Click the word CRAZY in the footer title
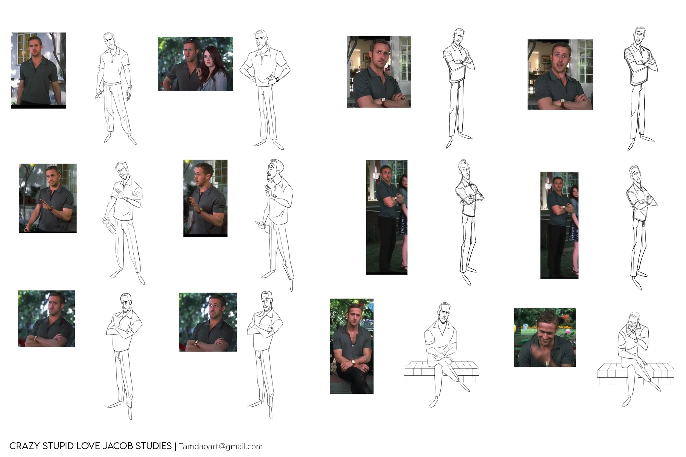click(24, 446)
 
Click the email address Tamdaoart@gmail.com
click(221, 447)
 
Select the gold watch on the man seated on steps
click(353, 362)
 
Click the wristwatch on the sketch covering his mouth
click(636, 340)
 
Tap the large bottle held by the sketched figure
click(107, 225)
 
